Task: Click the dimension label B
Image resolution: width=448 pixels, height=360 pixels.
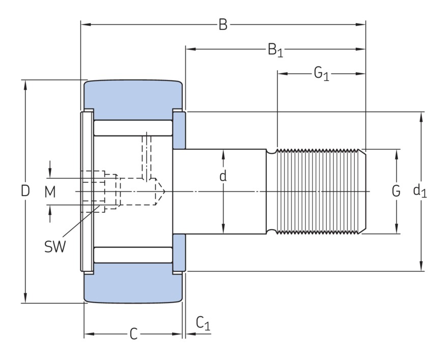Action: (222, 24)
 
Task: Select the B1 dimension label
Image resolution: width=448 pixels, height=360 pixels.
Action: (275, 50)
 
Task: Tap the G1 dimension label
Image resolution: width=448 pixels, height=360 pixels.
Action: (321, 74)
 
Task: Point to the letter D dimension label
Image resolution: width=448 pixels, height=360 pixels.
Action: (25, 191)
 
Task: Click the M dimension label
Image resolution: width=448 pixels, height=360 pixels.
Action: (49, 191)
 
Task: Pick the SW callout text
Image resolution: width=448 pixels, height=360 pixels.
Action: (55, 247)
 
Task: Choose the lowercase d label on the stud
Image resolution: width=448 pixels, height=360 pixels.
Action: (222, 177)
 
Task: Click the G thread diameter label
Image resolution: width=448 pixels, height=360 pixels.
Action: (396, 191)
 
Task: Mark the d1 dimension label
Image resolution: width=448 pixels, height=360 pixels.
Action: (420, 191)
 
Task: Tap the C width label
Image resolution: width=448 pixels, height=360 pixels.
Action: (133, 334)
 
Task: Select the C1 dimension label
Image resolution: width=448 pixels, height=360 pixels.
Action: (203, 323)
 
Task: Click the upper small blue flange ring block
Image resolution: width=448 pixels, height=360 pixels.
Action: (179, 130)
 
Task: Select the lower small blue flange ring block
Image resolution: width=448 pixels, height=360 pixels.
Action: (179, 252)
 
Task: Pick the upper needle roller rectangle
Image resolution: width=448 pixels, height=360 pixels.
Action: (133, 128)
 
